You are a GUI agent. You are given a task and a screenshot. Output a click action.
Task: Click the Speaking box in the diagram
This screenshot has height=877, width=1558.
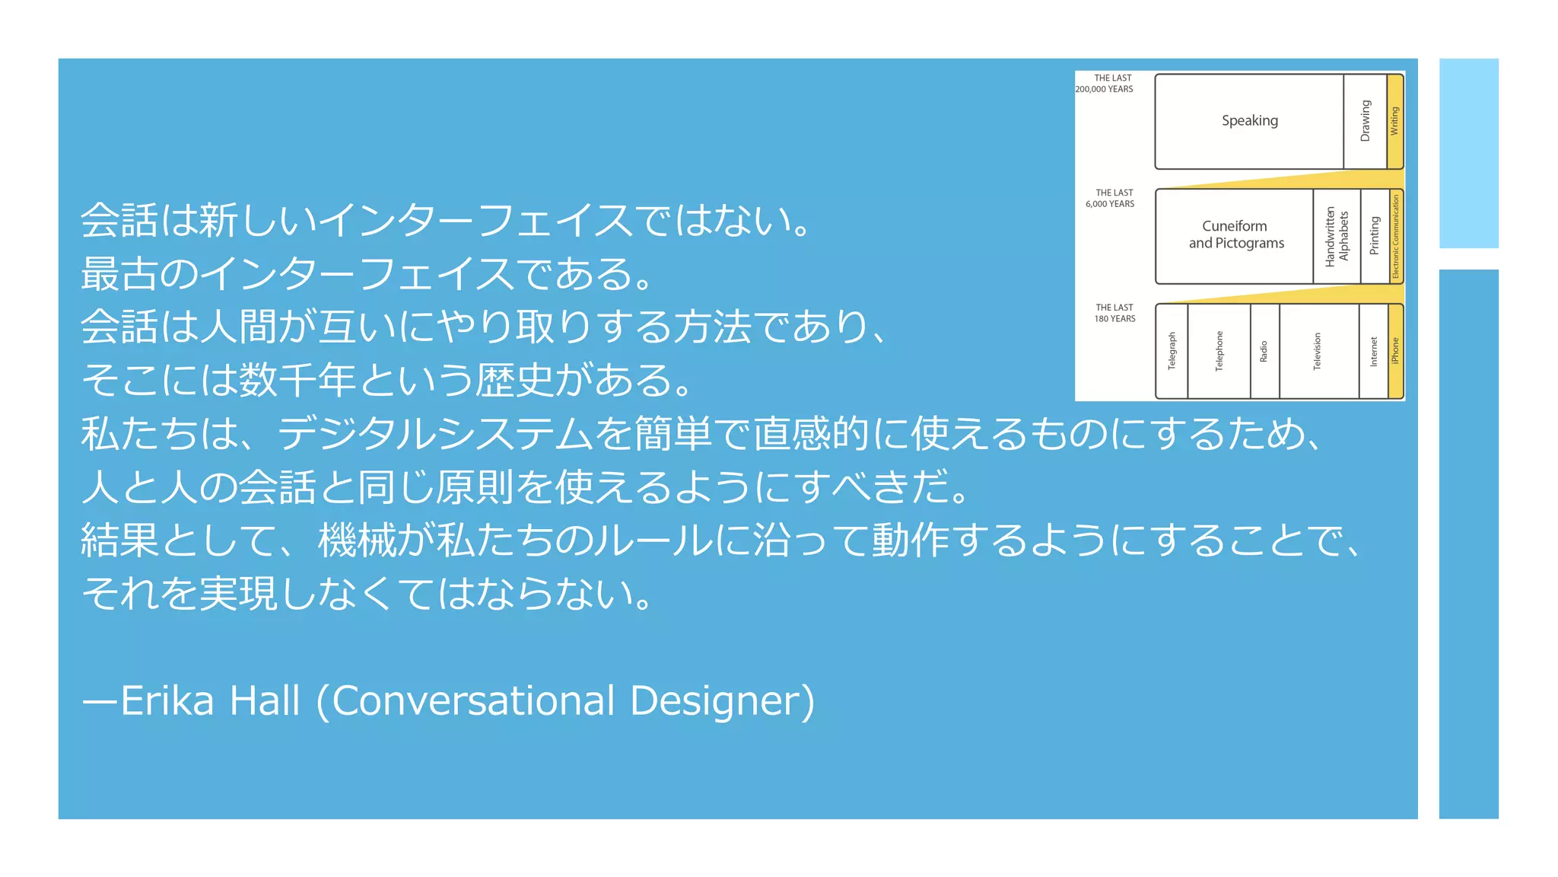1249,121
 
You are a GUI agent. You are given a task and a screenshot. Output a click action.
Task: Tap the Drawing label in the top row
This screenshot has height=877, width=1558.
1365,121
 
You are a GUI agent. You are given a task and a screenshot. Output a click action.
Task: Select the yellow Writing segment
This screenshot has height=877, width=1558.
1394,121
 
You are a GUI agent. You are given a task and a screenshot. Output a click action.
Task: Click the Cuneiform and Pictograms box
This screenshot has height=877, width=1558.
1235,235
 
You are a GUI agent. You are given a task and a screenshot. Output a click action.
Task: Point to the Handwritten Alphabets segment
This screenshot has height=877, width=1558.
1337,236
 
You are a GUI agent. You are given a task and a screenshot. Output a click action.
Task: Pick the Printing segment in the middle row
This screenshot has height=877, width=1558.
1374,236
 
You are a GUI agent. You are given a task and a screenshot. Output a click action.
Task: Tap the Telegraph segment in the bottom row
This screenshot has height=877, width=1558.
1172,351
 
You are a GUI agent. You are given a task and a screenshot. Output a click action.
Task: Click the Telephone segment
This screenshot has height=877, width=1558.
1219,351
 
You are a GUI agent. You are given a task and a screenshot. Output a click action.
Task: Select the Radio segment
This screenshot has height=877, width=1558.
1264,351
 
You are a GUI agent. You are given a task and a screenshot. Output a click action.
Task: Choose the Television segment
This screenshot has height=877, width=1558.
1318,351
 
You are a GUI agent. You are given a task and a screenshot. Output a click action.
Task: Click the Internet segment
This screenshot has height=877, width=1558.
1373,351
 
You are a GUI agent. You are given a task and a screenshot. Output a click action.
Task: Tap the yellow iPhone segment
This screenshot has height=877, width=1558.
1395,351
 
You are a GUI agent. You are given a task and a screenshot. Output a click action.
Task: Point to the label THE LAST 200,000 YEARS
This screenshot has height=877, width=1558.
1106,84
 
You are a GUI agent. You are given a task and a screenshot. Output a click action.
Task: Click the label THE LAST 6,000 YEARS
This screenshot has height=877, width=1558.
1111,199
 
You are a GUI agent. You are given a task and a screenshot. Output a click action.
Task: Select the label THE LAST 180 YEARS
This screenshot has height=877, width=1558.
1114,313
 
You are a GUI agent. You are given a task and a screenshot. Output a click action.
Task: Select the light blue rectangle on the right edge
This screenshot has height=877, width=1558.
1468,153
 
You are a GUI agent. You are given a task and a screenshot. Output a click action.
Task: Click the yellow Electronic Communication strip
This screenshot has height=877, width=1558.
1396,237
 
